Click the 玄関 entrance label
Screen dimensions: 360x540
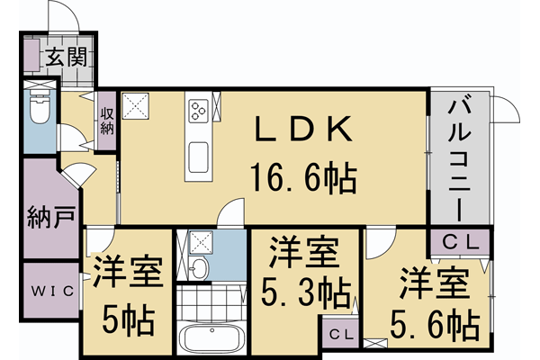67,58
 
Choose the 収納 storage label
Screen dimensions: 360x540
107,121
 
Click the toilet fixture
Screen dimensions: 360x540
39,109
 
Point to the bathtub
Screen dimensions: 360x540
211,340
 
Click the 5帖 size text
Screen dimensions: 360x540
127,319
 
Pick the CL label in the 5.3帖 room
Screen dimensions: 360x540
340,335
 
